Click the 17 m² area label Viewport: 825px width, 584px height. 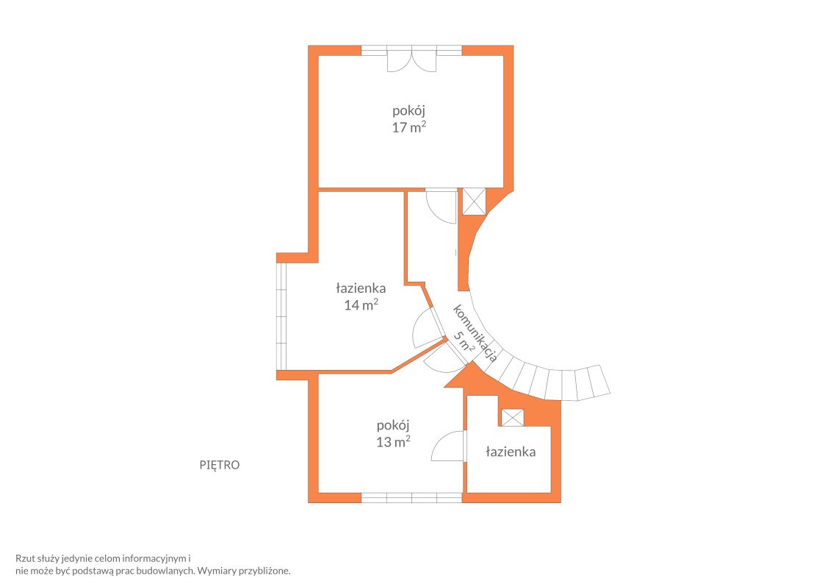click(408, 127)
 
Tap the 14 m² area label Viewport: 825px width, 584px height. click(361, 305)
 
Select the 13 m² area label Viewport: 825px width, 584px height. click(393, 442)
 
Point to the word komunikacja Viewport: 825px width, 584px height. click(475, 333)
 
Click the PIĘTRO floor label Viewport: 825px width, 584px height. click(220, 465)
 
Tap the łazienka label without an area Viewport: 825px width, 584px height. click(511, 452)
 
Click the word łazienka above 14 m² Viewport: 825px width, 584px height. click(361, 288)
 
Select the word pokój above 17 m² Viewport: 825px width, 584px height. click(408, 110)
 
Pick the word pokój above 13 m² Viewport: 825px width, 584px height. click(393, 425)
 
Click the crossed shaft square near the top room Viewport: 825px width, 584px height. click(474, 202)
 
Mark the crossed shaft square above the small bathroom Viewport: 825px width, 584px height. click(513, 418)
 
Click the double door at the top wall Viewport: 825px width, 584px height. click(411, 59)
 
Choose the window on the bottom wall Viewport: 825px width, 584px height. click(411, 498)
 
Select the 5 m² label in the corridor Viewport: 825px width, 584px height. click(464, 342)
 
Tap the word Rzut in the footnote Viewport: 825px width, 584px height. click(25, 558)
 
